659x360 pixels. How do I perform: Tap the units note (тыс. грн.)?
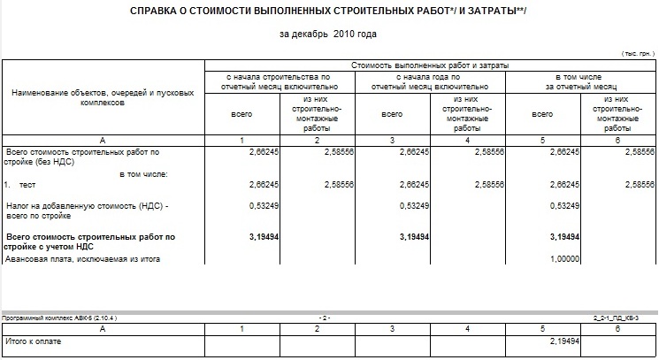(x=638, y=54)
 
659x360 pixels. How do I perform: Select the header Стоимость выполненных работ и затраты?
(x=430, y=65)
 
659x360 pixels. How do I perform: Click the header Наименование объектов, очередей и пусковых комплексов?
(x=103, y=97)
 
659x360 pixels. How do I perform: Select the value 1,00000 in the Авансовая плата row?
(x=563, y=259)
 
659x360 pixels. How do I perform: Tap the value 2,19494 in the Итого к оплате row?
(x=563, y=341)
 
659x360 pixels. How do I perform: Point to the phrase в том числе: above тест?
(x=143, y=173)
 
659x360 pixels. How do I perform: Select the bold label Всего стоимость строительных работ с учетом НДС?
(x=90, y=241)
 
